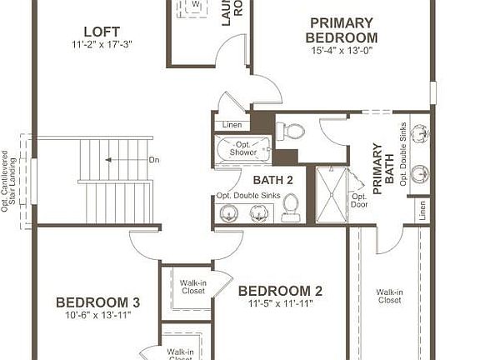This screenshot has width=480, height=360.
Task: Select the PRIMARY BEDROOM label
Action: [x=342, y=30]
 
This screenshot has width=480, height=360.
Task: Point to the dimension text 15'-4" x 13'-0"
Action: [x=342, y=50]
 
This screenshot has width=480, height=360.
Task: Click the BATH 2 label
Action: [x=272, y=179]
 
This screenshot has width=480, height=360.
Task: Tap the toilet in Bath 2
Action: [x=291, y=206]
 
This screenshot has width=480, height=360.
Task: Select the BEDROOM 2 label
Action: [x=280, y=291]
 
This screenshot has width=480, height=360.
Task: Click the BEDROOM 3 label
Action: [x=97, y=302]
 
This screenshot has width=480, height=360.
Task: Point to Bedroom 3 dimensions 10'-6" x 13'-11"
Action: [x=97, y=315]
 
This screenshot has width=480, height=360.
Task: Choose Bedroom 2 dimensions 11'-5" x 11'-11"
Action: [x=280, y=304]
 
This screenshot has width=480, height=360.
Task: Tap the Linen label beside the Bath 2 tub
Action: [x=232, y=126]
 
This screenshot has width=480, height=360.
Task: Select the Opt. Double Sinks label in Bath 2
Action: [x=247, y=196]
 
